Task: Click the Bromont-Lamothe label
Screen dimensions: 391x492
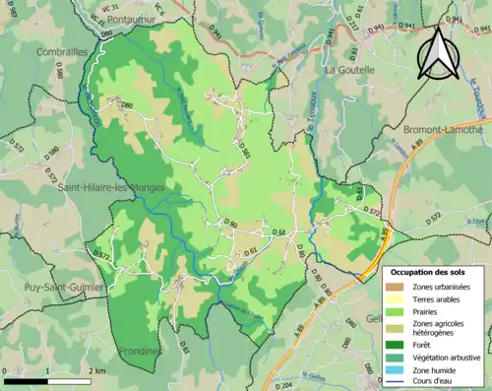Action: (443, 129)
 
